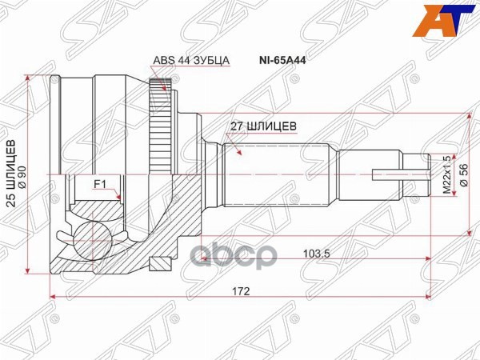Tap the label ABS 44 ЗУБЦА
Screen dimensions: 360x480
(191, 60)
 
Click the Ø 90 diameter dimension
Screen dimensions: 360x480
(23, 173)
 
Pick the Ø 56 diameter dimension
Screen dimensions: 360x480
(463, 174)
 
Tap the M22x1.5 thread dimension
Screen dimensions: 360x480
(449, 174)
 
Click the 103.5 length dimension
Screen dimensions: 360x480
(318, 253)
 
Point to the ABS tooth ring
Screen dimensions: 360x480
(162, 129)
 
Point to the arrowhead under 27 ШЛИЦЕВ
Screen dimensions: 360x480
(238, 149)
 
